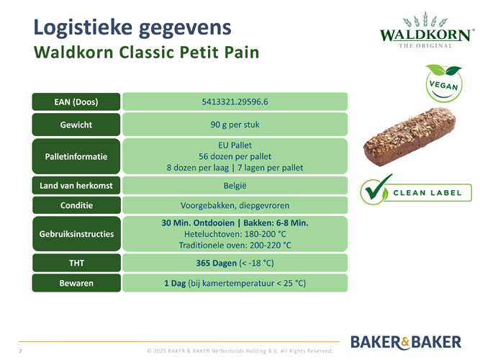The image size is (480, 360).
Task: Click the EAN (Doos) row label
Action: point(76,102)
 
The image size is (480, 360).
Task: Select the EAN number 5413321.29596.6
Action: point(235,102)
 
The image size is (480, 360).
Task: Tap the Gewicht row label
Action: point(76,125)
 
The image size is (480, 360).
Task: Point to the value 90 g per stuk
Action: point(235,125)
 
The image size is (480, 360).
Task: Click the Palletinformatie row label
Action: point(76,156)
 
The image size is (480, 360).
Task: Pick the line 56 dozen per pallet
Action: point(235,156)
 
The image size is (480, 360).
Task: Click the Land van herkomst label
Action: point(76,185)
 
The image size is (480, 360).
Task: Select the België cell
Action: point(235,185)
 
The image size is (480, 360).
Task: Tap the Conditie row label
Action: point(76,205)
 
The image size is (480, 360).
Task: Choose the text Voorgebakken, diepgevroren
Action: point(235,205)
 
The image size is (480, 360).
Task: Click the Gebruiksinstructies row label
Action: point(76,234)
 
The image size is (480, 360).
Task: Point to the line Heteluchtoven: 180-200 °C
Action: point(235,234)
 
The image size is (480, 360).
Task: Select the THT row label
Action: point(76,263)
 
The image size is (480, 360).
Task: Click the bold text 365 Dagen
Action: point(217,263)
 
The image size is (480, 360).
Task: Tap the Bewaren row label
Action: point(76,283)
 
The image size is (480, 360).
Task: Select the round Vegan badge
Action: point(444,84)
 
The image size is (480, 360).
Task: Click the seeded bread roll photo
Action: point(409,137)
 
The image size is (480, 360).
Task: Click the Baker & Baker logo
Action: point(406,342)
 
